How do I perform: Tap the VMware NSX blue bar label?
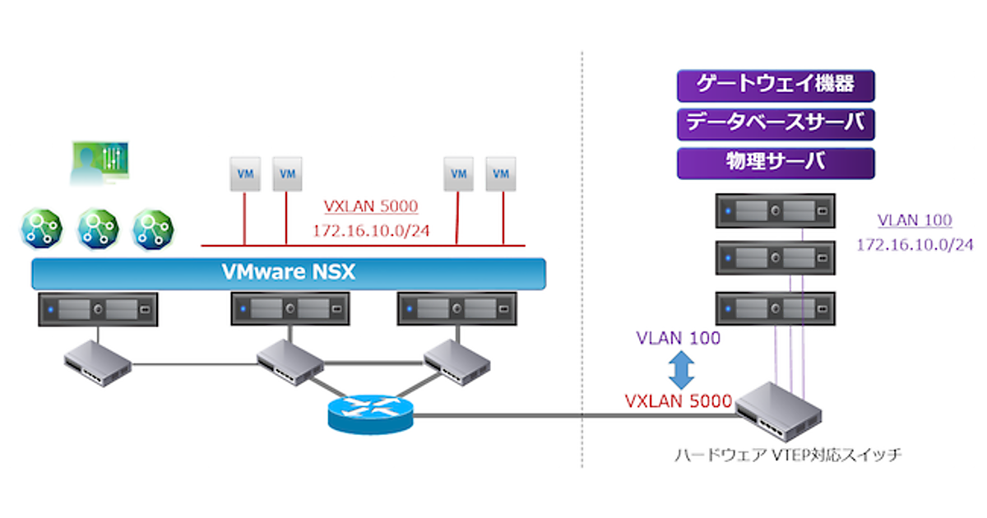pos(289,272)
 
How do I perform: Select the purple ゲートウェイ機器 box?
pos(775,86)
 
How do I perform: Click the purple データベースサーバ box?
pos(775,123)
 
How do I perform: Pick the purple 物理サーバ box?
pos(775,162)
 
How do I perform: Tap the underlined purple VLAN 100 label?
pos(915,220)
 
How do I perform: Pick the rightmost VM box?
pos(501,174)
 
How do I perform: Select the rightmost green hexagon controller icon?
pos(154,229)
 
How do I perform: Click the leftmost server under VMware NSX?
pos(97,310)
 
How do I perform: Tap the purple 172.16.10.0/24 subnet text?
pos(915,245)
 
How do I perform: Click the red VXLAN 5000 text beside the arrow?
pos(679,401)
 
